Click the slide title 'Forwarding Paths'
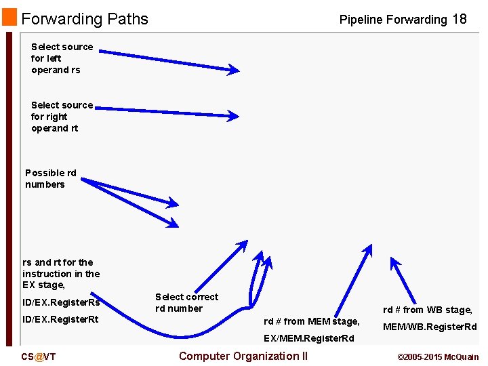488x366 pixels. pos(85,19)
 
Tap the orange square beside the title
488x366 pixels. pos(9,18)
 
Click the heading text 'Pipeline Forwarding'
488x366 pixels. pos(393,20)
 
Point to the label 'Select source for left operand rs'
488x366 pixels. pos(61,58)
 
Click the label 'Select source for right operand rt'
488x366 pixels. pos(61,117)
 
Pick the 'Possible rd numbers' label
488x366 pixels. pos(50,178)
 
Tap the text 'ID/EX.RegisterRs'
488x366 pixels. pos(61,302)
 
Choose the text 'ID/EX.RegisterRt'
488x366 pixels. pos(60,319)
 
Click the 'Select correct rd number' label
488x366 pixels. pos(186,302)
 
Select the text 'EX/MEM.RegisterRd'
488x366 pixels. pos(308,338)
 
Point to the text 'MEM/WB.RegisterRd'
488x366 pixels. pos(430,327)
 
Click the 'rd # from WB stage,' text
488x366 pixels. pos(427,310)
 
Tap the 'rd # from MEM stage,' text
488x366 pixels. pos(311,321)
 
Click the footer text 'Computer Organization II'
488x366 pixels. pos(243,356)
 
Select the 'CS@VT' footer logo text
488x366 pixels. pos(39,357)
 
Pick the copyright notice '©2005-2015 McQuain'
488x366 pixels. pos(438,357)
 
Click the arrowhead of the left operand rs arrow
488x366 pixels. pos(233,69)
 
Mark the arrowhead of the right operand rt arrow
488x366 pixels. pos(232,116)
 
